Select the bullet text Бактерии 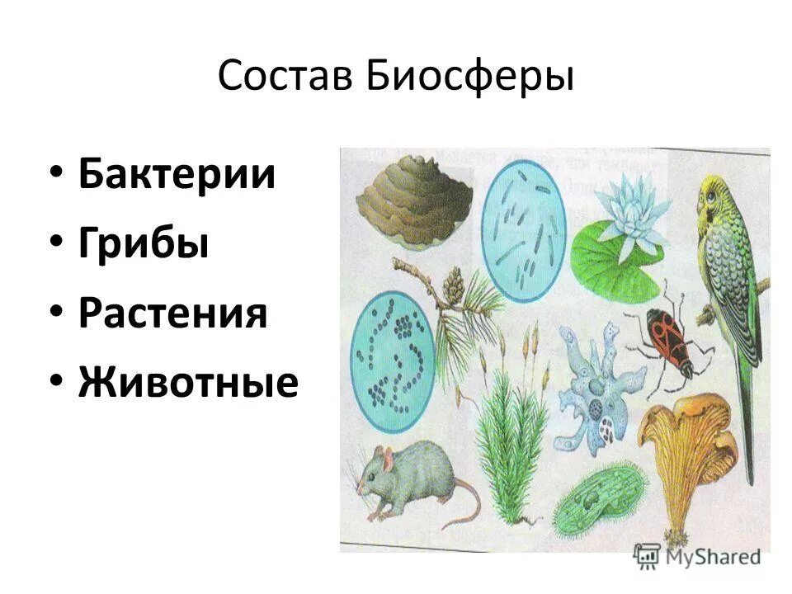coord(177,176)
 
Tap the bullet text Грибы coord(144,245)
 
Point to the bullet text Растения coord(173,314)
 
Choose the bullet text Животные coord(188,384)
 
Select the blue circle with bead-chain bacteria coord(393,355)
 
